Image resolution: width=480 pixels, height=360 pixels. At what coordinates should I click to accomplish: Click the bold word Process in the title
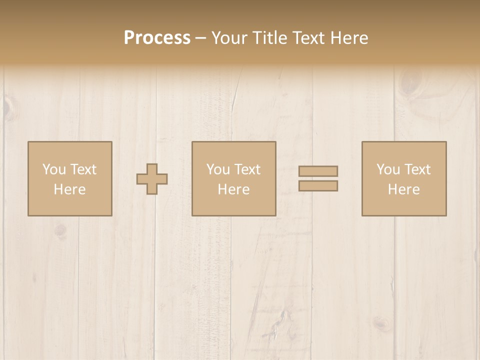157,38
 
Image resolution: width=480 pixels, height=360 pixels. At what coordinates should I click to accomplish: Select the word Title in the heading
271,38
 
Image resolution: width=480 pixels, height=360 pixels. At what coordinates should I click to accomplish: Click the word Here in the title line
348,38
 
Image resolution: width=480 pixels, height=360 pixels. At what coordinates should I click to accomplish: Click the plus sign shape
152,179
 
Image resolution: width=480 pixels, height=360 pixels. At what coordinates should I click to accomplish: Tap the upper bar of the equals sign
318,171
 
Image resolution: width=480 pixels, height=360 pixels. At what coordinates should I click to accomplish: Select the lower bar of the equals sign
318,185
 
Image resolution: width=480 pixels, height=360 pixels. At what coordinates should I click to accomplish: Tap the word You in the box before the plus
53,169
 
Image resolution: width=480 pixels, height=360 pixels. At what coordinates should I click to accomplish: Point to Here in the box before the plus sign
70,189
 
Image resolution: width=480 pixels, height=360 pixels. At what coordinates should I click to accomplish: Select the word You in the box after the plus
218,169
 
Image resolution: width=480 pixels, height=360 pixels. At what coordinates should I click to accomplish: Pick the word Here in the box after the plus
234,189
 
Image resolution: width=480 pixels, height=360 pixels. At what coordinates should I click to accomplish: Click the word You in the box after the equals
388,169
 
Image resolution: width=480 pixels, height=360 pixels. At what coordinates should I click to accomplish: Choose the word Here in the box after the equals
404,189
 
